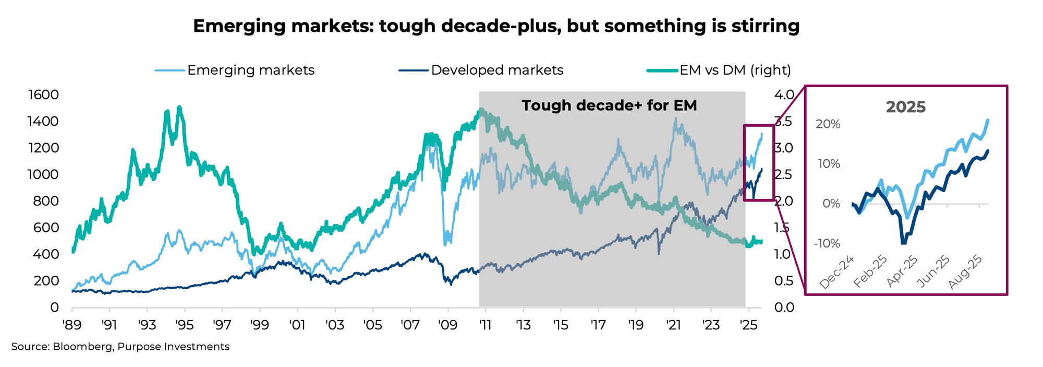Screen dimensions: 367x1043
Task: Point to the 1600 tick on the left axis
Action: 44,94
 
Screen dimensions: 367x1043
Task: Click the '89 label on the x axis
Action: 72,325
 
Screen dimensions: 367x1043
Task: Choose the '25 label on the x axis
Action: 748,325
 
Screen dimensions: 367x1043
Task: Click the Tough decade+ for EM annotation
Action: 609,105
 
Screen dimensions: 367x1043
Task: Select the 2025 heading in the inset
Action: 906,107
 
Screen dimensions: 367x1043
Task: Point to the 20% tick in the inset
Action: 828,124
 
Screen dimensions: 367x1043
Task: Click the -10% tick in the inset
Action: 827,243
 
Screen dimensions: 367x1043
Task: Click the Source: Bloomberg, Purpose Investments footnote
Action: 120,347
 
